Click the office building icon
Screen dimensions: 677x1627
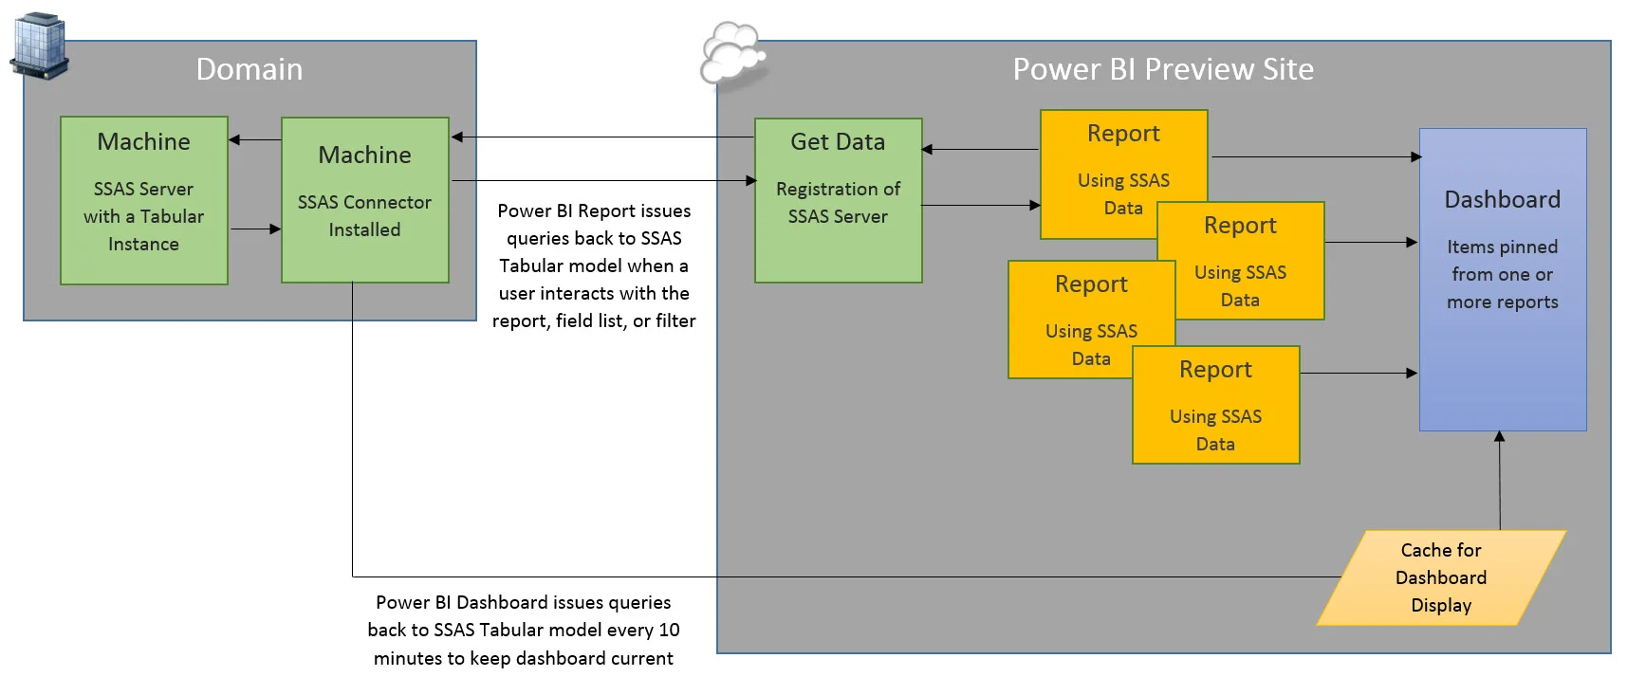(x=40, y=46)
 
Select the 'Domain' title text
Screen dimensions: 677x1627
(x=250, y=69)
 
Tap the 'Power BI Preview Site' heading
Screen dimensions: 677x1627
(x=1163, y=69)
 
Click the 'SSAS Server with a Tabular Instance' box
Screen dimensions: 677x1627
(x=144, y=200)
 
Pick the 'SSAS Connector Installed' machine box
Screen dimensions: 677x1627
(x=365, y=200)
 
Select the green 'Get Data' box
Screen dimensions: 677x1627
(x=839, y=200)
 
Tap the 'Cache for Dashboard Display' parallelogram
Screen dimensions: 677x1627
(x=1441, y=577)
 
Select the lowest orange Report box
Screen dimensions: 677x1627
(x=1215, y=406)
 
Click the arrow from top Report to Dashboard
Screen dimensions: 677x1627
(x=1316, y=156)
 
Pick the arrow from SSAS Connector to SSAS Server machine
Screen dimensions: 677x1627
(x=255, y=140)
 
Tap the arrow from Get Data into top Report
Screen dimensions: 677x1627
(x=981, y=205)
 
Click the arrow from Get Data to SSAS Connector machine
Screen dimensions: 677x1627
(x=602, y=137)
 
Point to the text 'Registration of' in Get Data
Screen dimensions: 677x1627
(x=838, y=189)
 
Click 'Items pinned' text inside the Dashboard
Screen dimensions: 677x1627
(x=1502, y=247)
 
